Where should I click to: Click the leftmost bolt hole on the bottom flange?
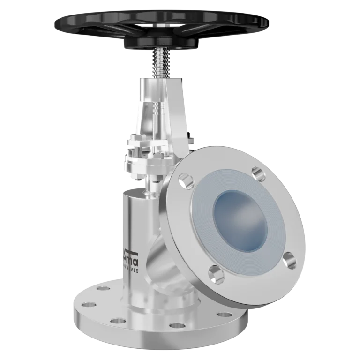pyautogui.click(x=81, y=296)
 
